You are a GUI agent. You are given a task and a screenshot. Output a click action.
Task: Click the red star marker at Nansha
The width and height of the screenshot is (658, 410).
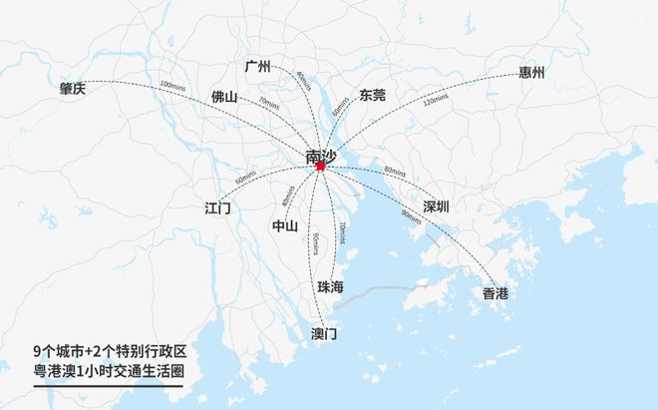tap(320, 167)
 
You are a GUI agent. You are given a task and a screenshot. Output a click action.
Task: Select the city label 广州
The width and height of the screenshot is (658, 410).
tap(257, 67)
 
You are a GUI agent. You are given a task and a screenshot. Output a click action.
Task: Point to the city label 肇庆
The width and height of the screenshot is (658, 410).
tap(73, 88)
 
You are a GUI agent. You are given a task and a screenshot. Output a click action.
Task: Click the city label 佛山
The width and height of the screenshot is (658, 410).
tap(224, 97)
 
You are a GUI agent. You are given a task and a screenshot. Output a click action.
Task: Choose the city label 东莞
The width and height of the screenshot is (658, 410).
tap(372, 95)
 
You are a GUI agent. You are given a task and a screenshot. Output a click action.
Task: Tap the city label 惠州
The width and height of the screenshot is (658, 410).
tap(531, 73)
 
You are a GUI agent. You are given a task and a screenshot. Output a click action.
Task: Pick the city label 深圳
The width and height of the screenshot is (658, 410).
tap(436, 206)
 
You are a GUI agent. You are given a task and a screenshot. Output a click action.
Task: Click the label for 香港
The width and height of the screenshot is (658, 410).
tap(494, 293)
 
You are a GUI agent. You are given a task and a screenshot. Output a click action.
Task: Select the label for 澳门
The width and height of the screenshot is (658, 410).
tap(324, 333)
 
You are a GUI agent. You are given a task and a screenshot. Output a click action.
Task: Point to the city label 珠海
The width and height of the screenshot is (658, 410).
tap(331, 287)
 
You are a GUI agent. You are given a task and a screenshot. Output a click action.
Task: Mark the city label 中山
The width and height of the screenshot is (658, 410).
tap(285, 225)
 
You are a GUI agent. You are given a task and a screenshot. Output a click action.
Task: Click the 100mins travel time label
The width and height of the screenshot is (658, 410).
tap(172, 87)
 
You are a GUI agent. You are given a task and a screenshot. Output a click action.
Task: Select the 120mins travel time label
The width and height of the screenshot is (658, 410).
tap(436, 101)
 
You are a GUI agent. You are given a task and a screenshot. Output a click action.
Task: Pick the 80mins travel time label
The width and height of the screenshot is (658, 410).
tap(395, 173)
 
